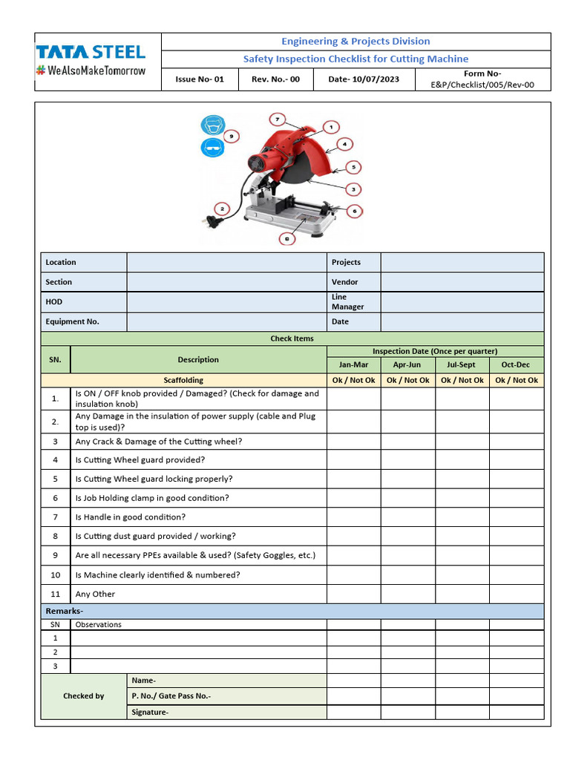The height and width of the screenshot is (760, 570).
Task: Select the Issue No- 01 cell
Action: tap(199, 79)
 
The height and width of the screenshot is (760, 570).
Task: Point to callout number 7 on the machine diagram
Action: tap(277, 119)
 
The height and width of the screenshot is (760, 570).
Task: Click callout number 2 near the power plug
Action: tap(220, 208)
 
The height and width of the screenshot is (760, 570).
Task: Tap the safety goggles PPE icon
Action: tap(212, 148)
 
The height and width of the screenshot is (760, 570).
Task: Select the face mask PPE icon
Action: tap(212, 125)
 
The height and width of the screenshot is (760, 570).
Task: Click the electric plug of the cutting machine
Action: tap(209, 220)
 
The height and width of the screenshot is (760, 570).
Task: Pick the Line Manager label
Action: tap(347, 301)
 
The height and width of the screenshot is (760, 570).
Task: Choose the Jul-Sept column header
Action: tap(462, 364)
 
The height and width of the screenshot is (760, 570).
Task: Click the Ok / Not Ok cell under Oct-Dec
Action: tap(516, 380)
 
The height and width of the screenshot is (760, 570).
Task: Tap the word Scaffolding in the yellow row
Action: tap(183, 380)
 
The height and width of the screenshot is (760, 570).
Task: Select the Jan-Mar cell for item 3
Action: tap(353, 441)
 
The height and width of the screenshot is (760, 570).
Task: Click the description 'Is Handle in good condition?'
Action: tap(131, 517)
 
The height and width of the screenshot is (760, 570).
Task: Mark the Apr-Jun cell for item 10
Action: tap(407, 574)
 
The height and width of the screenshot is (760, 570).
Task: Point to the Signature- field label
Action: tap(150, 712)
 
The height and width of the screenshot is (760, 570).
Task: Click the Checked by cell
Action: tap(84, 696)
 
